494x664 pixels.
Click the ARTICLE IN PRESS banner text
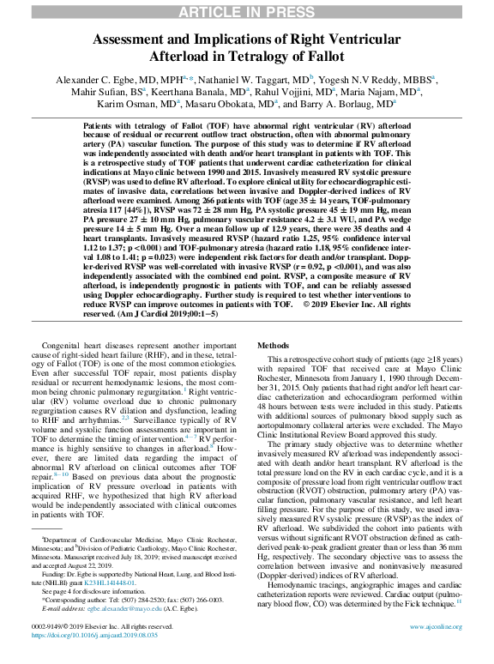[x=247, y=10]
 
